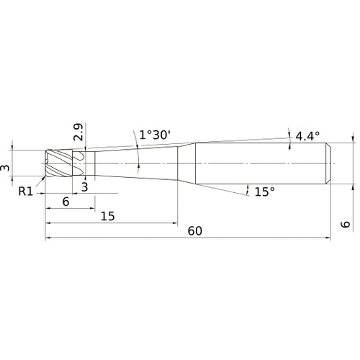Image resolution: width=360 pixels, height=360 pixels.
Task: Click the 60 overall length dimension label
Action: point(194,231)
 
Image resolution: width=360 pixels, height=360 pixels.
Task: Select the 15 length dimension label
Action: point(109,216)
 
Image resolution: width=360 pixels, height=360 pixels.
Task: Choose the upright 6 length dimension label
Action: point(66,202)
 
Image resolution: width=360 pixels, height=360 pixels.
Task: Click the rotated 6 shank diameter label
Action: point(346,225)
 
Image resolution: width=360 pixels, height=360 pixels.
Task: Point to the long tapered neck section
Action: point(133,163)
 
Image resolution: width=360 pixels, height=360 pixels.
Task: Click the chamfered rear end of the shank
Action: point(330,163)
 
